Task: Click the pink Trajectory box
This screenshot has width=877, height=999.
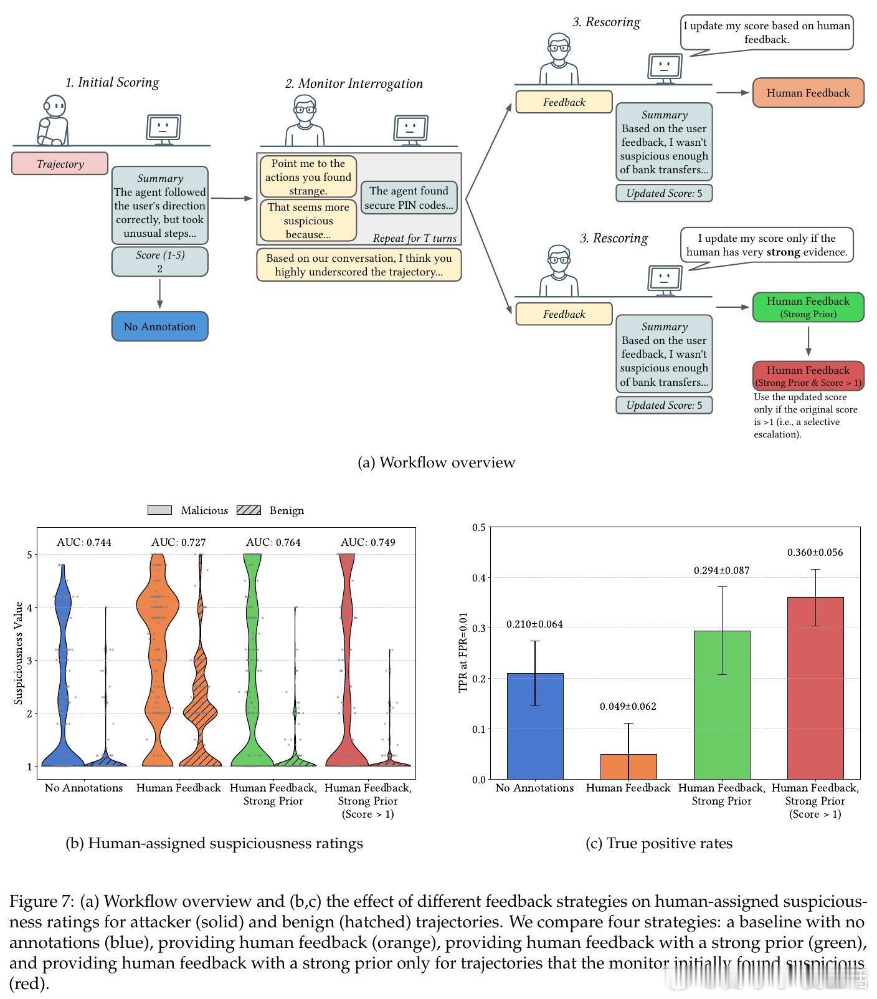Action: pos(60,163)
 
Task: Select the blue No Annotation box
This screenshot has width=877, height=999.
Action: pos(159,327)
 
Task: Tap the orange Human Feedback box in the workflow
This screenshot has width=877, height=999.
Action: pos(808,93)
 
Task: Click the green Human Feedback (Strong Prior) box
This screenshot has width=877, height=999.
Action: pos(808,307)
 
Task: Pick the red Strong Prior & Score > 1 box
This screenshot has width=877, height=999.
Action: pos(808,376)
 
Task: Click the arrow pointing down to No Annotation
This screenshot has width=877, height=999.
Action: pos(159,294)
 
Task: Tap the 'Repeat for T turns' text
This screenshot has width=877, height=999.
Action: pos(414,238)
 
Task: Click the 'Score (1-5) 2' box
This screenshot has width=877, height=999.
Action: pos(159,262)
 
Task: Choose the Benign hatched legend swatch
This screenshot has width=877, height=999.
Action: pos(249,510)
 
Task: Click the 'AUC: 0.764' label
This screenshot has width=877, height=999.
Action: pos(273,542)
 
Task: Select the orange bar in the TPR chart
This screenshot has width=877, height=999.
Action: pos(628,767)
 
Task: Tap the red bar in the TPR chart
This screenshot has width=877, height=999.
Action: pos(815,688)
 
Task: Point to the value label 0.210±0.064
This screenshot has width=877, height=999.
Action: pos(534,624)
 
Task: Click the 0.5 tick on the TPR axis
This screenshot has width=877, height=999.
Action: pos(478,527)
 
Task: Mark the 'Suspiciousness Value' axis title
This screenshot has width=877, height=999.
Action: pos(19,653)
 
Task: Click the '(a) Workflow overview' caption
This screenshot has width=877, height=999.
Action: pos(437,462)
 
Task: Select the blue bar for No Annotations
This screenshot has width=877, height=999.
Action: pos(535,726)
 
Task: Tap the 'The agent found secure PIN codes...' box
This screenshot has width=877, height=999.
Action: pos(409,198)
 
